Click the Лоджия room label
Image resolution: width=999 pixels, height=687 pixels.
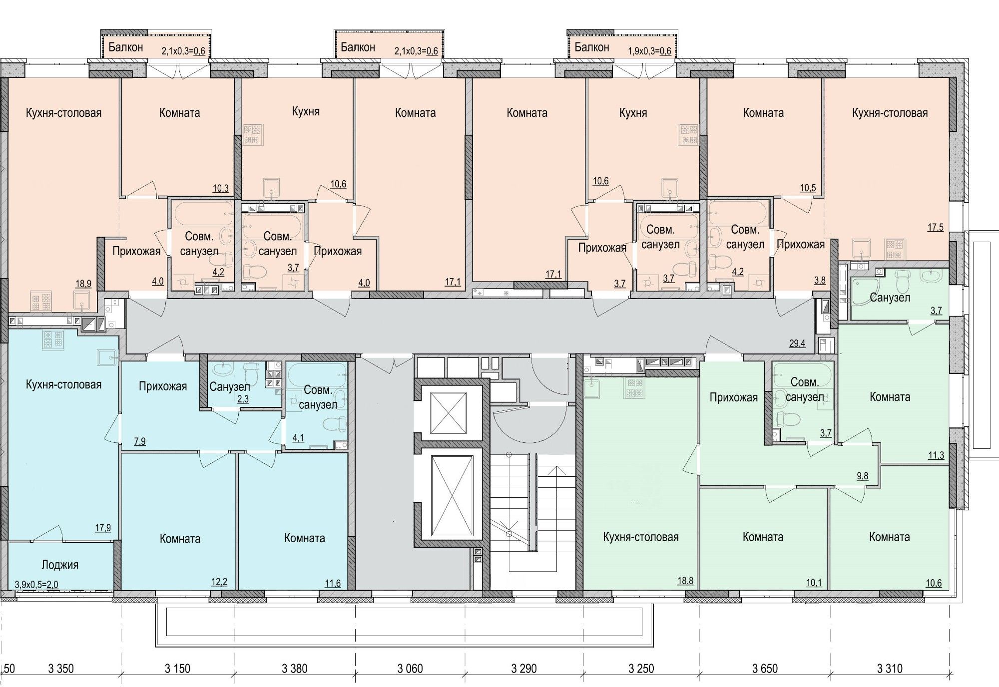click(60, 565)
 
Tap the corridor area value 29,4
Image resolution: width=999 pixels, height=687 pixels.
click(797, 343)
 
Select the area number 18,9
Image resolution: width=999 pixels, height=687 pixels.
click(83, 284)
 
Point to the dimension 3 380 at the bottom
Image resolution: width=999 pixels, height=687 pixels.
click(295, 669)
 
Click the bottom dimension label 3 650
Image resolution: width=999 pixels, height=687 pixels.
click(765, 669)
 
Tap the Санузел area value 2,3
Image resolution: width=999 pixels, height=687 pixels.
click(243, 399)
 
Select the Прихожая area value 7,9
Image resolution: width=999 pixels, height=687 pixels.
click(140, 441)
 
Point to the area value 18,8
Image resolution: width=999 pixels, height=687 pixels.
click(684, 581)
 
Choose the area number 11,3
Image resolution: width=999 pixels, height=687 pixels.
click(936, 455)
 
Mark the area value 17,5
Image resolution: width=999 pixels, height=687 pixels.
click(936, 227)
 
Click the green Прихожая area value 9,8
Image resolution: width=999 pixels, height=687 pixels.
click(863, 476)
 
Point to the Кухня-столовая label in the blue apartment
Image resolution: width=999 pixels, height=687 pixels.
click(63, 384)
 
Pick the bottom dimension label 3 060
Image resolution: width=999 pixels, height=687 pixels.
click(411, 669)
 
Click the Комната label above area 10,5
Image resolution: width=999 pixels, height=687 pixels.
click(763, 113)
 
